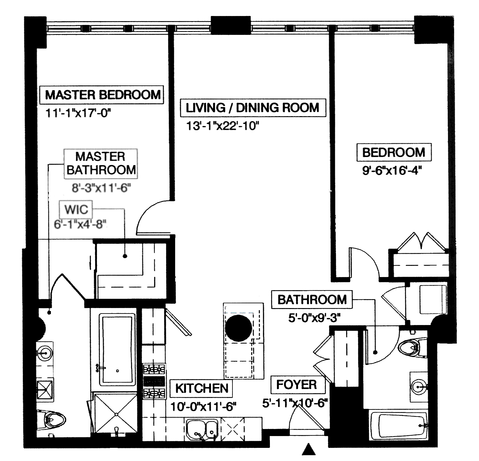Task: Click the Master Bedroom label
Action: pos(102,95)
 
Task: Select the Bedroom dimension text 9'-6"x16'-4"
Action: pos(391,171)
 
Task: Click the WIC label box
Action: pos(76,210)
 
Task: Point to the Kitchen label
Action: pos(202,388)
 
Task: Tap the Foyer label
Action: pos(296,385)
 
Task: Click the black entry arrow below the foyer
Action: pos(309,449)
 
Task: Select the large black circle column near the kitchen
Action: pos(239,329)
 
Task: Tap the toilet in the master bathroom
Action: pos(53,419)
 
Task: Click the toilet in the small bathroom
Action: pos(410,347)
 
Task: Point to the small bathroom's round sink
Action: pos(418,386)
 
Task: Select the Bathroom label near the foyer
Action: pos(312,300)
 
